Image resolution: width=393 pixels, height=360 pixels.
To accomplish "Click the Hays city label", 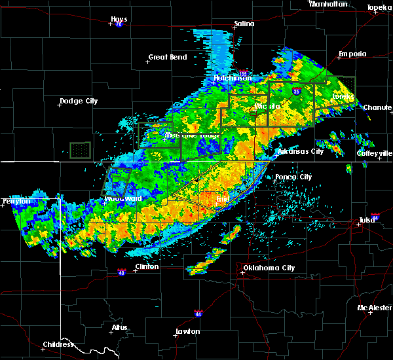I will pyautogui.click(x=119, y=19).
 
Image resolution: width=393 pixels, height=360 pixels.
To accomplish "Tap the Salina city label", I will pyautogui.click(x=244, y=24).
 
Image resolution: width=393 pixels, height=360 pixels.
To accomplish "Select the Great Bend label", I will pyautogui.click(x=168, y=57).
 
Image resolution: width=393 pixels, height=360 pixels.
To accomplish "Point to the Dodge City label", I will pyautogui.click(x=79, y=101).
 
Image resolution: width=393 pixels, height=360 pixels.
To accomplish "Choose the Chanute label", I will pyautogui.click(x=379, y=107).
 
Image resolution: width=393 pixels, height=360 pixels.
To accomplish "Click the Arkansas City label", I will pyautogui.click(x=301, y=151).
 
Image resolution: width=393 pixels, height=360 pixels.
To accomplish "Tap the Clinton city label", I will pyautogui.click(x=146, y=266).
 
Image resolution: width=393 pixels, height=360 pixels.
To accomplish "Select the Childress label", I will pyautogui.click(x=58, y=344).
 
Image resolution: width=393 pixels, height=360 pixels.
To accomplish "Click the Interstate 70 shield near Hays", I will pyautogui.click(x=119, y=24).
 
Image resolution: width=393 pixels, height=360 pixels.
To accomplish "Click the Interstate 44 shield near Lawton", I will pyautogui.click(x=198, y=314).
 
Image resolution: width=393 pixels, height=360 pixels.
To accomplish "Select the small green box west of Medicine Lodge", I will pyautogui.click(x=80, y=150).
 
